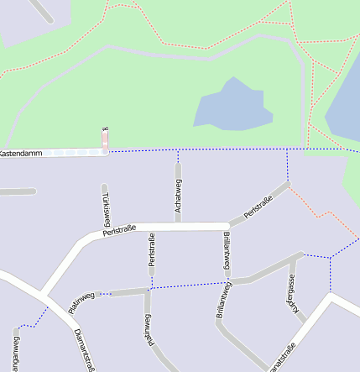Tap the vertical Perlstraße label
152,250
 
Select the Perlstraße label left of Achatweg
119,229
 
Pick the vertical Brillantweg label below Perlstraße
227,253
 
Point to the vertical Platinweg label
149,329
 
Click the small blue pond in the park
231,105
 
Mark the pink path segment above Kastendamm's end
106,139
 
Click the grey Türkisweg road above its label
104,191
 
